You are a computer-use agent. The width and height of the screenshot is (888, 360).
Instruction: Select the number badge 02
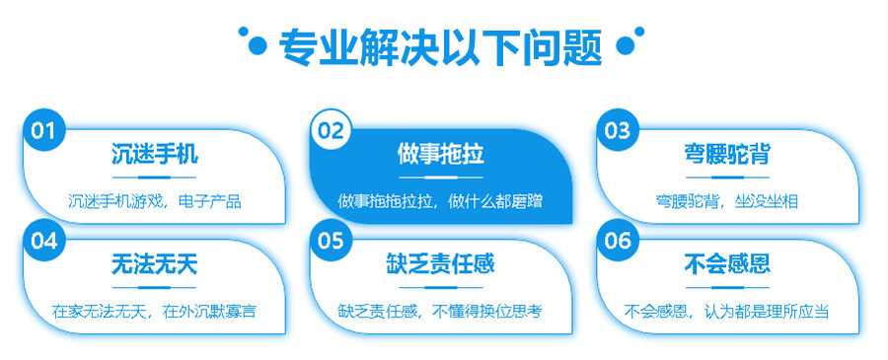click(x=332, y=131)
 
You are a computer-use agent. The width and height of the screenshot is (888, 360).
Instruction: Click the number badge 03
click(x=617, y=130)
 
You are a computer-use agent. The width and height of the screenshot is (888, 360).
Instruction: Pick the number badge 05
click(x=332, y=240)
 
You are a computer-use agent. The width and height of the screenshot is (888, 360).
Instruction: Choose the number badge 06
click(x=617, y=240)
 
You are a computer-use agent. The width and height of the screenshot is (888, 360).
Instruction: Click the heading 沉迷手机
click(x=154, y=155)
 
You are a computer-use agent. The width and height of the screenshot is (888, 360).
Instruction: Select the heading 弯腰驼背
click(x=727, y=155)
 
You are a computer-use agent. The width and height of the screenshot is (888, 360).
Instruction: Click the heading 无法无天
click(x=154, y=264)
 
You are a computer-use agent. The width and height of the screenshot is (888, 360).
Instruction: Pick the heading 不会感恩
click(x=727, y=264)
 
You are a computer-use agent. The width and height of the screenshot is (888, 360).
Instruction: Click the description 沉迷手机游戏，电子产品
click(x=154, y=201)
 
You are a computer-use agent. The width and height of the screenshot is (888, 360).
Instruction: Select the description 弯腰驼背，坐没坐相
click(x=727, y=201)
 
